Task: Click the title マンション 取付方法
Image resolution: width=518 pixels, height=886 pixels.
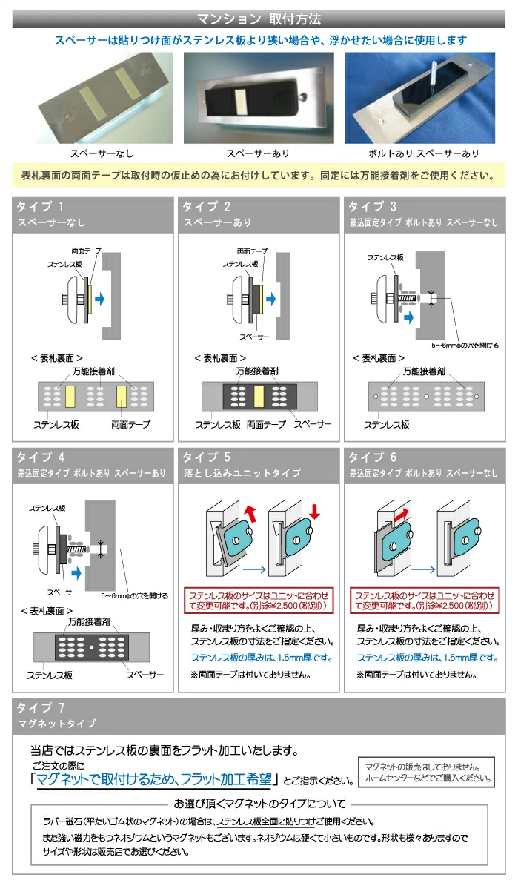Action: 259,19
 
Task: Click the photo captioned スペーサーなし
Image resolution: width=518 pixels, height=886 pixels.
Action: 102,97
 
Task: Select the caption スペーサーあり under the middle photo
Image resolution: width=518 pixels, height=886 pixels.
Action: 258,153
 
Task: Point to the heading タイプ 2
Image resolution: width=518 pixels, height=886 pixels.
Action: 207,206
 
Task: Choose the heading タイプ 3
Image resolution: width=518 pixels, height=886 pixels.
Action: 373,206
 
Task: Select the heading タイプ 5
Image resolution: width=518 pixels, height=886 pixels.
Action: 207,457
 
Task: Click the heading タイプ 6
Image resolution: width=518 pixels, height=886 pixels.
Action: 373,457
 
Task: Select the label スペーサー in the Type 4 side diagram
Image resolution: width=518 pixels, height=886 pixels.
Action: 63,592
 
